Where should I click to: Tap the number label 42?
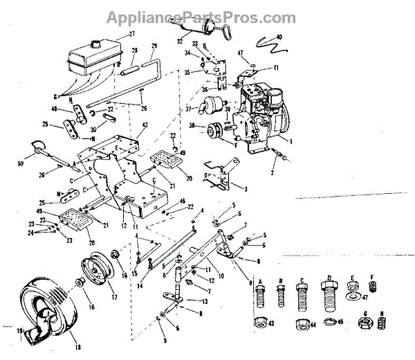pyautogui.click(x=145, y=125)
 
